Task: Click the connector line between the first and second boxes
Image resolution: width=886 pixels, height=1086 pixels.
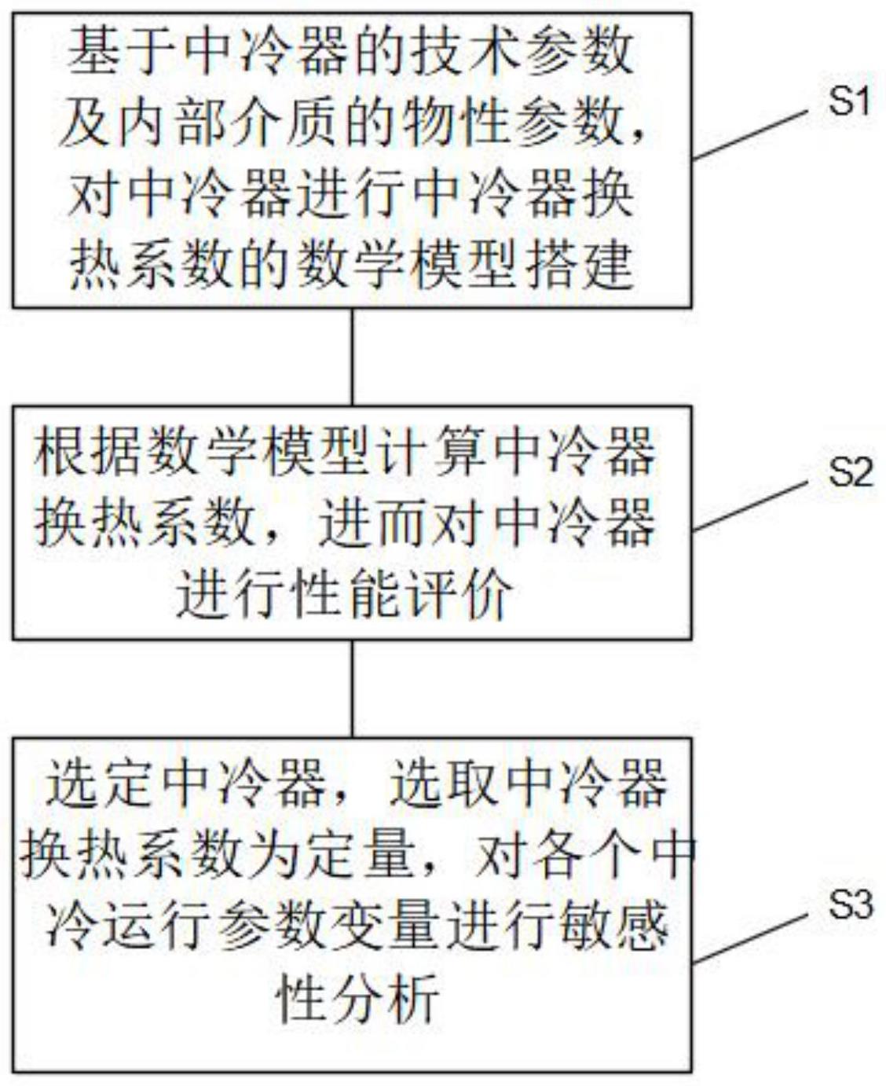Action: click(x=352, y=357)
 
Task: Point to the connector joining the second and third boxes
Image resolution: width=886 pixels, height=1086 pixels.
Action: click(x=352, y=688)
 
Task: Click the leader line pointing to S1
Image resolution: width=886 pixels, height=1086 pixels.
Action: click(x=750, y=134)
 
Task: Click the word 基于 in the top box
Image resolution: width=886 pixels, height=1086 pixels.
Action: click(x=123, y=53)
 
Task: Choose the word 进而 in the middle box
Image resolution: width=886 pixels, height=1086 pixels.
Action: click(x=375, y=522)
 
